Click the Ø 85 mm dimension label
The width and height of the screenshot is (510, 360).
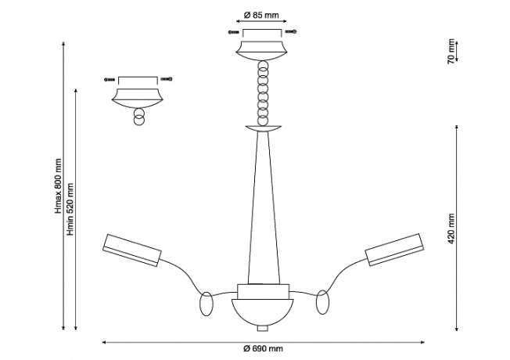coord(261,16)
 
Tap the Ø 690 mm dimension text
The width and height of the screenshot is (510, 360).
coord(263,348)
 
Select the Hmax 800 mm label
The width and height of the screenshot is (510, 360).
coord(58,185)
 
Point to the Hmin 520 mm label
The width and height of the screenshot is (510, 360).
coord(70,209)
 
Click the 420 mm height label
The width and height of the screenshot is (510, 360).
coord(451,229)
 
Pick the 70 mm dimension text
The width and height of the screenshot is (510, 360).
coord(451,51)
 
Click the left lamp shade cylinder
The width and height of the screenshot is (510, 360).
coord(131,250)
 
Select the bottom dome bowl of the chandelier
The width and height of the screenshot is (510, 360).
coord(262,311)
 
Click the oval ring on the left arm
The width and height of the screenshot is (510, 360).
coord(207,304)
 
